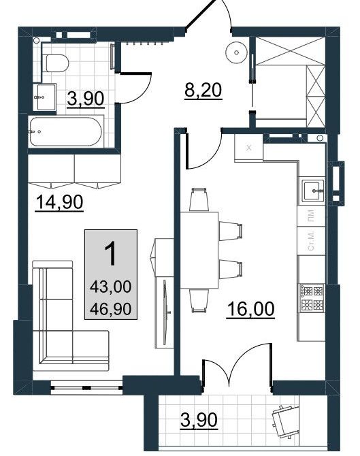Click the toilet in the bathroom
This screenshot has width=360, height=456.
(57, 63)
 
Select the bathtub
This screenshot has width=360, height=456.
(66, 132)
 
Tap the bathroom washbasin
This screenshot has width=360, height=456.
(44, 97)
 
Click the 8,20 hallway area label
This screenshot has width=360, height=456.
(203, 90)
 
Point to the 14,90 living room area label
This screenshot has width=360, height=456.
(59, 202)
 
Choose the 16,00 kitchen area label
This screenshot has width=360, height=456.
(250, 309)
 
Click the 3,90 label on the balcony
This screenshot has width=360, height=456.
(199, 420)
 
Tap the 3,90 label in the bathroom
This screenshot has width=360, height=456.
(86, 99)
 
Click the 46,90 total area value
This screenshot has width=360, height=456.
(111, 309)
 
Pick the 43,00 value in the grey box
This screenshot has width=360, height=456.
(111, 287)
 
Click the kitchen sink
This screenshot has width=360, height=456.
(312, 191)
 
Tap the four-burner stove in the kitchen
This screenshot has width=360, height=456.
(312, 298)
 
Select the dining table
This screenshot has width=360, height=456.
(199, 250)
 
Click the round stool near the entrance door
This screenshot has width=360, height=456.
(237, 52)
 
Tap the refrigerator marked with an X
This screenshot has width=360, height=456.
(248, 148)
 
